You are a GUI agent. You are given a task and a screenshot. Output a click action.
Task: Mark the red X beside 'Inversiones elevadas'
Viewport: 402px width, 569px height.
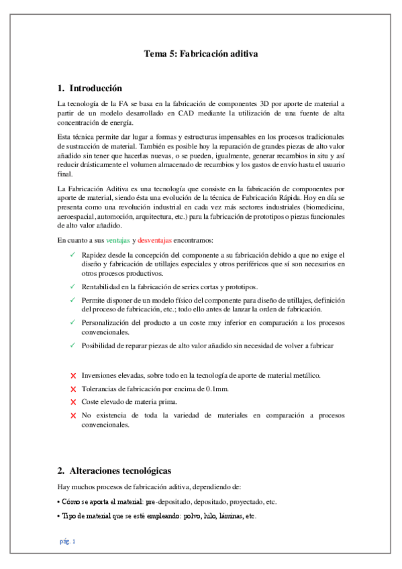click(x=72, y=376)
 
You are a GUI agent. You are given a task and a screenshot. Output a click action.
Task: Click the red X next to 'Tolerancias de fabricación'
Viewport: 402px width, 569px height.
click(x=72, y=389)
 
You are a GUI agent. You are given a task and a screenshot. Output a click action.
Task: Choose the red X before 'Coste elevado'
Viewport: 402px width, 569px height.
click(x=72, y=402)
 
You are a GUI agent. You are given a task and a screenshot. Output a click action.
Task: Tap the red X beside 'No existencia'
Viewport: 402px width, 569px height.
click(x=72, y=415)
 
